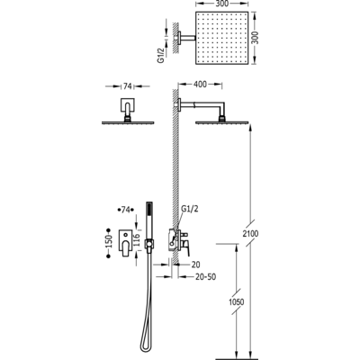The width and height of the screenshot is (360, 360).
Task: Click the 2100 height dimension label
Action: coord(250,233)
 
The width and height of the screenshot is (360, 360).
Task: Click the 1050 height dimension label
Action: coord(236,301)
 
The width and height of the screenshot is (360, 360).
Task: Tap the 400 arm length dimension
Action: coord(200,85)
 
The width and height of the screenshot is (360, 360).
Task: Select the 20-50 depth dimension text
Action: coord(205,276)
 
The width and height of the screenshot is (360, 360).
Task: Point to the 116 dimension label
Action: coord(137,240)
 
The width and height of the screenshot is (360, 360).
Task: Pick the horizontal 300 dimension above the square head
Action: coord(222,4)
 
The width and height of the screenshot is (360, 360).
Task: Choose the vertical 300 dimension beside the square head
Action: coord(255,38)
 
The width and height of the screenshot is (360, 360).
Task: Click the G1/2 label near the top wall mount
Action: coord(161,56)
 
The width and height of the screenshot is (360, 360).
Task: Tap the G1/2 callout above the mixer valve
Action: coord(190,209)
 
